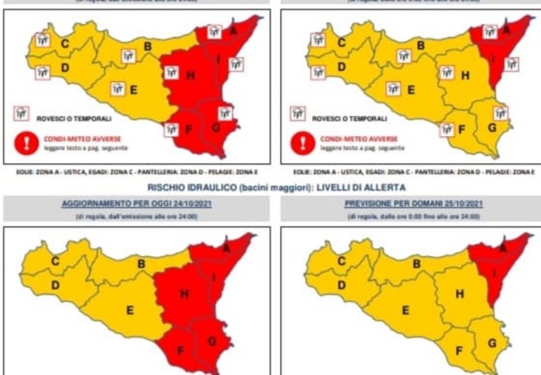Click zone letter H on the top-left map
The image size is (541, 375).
[x=191, y=76]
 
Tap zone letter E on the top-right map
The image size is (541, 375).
[x=411, y=90]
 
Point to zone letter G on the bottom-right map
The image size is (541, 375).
[x=492, y=344]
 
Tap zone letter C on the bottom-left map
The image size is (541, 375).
[x=55, y=261]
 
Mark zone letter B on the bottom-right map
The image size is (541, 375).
[x=416, y=264]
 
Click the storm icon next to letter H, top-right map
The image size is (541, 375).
[x=447, y=73]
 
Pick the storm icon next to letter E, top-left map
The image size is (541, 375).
[x=118, y=88]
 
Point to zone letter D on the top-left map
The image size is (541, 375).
[x=65, y=67]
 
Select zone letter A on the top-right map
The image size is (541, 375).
[x=506, y=30]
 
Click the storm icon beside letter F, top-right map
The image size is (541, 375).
[x=447, y=129]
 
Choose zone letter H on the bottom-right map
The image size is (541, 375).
[x=460, y=294]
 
